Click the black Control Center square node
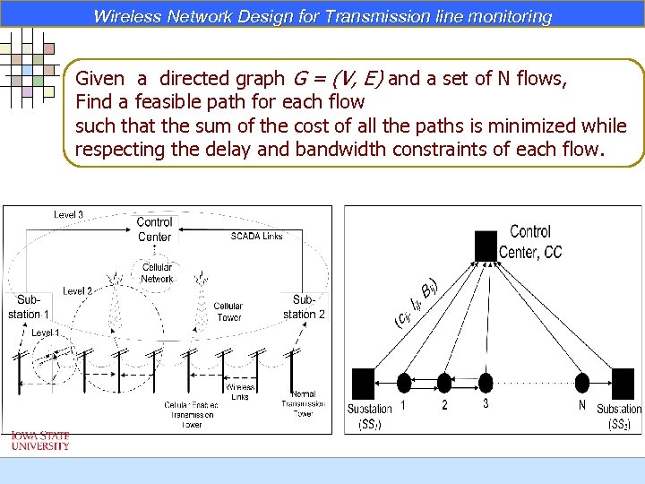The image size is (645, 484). tap(486, 246)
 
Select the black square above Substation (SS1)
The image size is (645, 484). tap(363, 384)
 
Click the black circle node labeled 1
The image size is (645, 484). tap(404, 384)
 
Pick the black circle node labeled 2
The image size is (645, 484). tap(445, 384)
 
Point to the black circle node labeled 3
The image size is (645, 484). tap(486, 384)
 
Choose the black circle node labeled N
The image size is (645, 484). tap(582, 384)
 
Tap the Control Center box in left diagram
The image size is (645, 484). tap(154, 229)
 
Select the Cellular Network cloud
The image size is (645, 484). tap(157, 273)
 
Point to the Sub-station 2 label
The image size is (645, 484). tap(304, 307)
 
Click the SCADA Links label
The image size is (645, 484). tap(256, 236)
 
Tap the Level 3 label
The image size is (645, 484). tap(69, 215)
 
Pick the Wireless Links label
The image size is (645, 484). tap(239, 393)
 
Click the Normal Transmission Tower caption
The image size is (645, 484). tap(303, 404)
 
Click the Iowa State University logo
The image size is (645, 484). tap(39, 440)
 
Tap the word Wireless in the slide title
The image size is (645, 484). tap(126, 16)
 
